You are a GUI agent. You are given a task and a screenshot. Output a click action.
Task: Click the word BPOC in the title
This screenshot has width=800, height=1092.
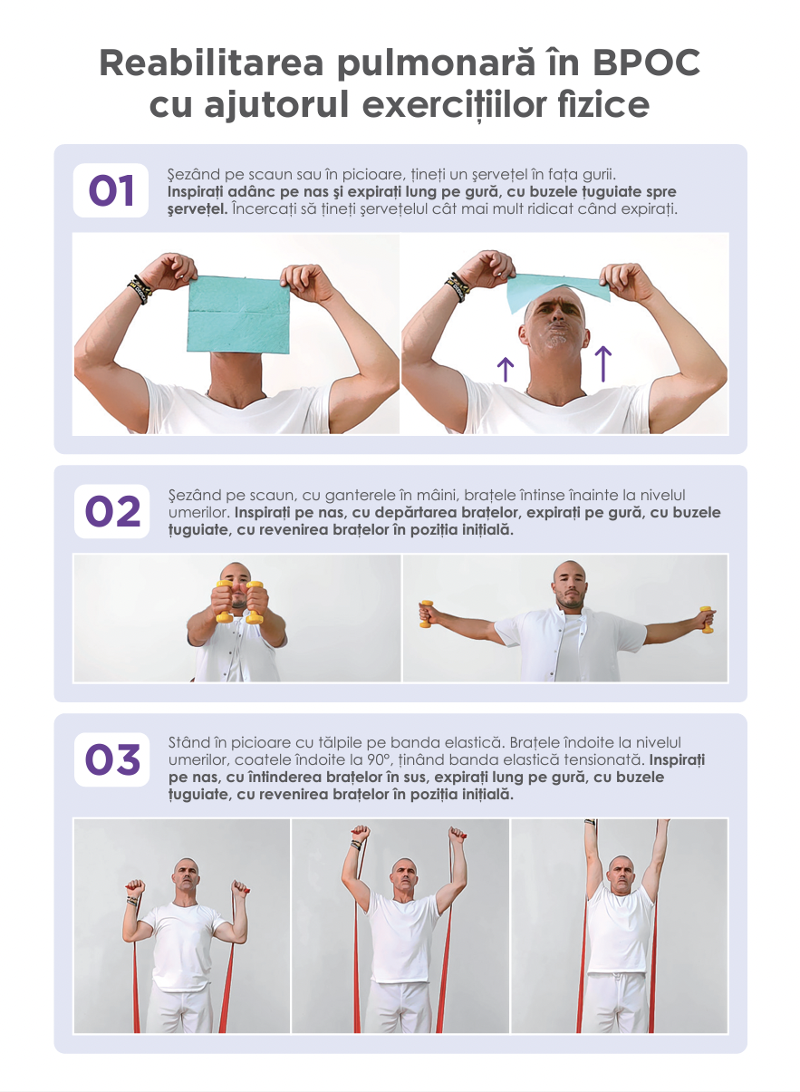pos(647,63)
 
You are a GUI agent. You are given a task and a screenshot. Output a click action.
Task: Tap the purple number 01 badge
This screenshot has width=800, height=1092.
pos(111,190)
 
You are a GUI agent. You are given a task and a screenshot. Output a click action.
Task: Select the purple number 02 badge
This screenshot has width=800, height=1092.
pos(112,511)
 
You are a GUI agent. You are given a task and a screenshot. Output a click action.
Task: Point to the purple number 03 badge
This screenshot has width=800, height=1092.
pos(112,759)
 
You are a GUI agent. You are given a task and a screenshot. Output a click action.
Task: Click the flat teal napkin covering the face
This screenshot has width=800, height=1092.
pos(238,315)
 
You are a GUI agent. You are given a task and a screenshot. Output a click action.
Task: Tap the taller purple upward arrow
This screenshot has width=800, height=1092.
pos(603,364)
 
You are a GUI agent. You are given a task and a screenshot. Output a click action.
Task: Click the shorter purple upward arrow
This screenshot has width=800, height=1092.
pos(506,370)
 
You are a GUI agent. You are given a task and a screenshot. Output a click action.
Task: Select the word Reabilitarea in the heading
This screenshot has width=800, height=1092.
pos(212,63)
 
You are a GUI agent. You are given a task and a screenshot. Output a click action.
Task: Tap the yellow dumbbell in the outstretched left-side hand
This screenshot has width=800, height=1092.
pos(426,614)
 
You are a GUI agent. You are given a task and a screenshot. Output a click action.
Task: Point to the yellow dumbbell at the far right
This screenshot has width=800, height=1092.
pos(707,620)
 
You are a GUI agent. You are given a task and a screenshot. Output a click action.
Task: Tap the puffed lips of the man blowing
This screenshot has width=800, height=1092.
pos(557,328)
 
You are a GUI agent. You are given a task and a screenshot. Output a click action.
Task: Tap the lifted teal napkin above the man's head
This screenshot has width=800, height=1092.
pos(557,292)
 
